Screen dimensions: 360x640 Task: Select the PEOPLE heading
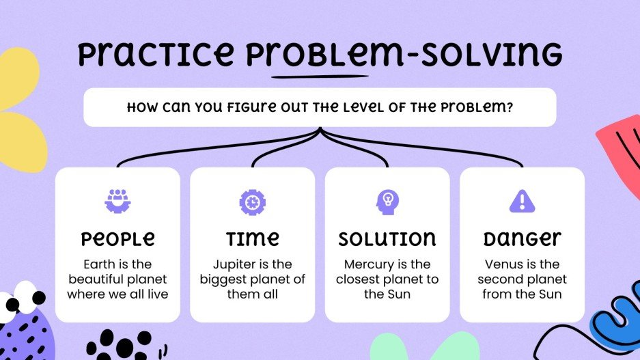click(x=117, y=238)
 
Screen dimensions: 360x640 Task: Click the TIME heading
click(x=252, y=238)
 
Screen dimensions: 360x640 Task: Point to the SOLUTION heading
click(x=387, y=238)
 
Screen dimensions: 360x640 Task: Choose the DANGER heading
click(x=522, y=238)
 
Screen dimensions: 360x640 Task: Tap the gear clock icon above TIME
click(x=252, y=201)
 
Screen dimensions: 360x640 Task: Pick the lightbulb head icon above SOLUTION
click(x=387, y=201)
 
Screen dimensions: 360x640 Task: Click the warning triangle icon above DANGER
click(x=522, y=201)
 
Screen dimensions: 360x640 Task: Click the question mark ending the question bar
click(x=510, y=107)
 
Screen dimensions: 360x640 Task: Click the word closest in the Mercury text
click(x=368, y=279)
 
